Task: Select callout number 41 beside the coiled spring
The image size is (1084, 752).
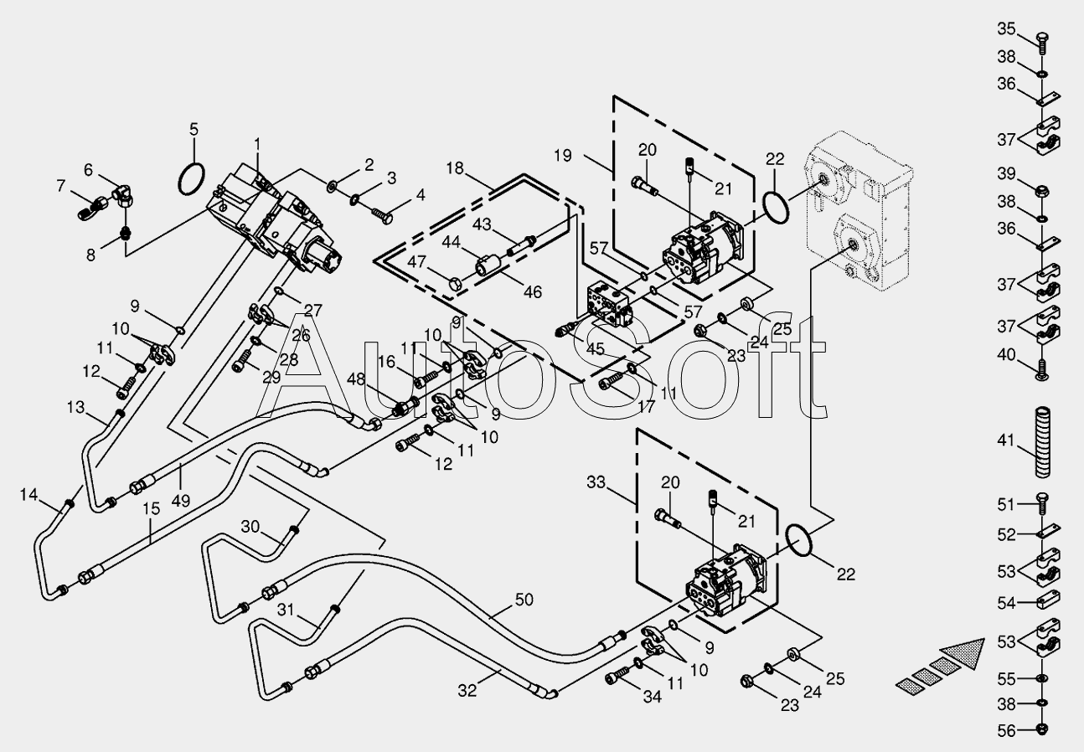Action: (x=1006, y=440)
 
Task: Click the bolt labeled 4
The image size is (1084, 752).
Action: (x=383, y=216)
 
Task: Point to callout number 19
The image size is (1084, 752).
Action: (x=563, y=155)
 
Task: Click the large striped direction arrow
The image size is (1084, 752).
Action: (x=940, y=666)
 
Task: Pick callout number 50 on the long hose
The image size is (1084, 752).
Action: (x=524, y=600)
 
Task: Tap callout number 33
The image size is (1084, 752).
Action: (x=596, y=482)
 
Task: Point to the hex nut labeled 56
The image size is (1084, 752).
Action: (x=1043, y=729)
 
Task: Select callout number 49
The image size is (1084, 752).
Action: (x=180, y=501)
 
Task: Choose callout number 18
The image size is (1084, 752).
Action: (x=455, y=168)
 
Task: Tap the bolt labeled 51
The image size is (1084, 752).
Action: (x=1042, y=504)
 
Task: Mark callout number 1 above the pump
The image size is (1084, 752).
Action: (x=257, y=144)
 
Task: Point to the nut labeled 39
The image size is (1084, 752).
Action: (x=1042, y=191)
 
